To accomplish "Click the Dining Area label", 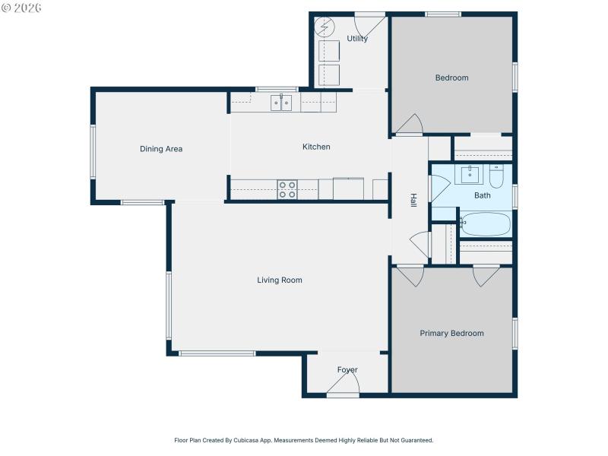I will (x=161, y=149).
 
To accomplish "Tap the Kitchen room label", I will (x=316, y=147).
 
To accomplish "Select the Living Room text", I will (x=280, y=280).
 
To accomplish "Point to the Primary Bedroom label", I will (x=451, y=334).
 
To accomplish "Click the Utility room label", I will (x=357, y=39).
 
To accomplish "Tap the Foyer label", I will (x=347, y=370).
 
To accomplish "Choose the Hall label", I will (x=413, y=201).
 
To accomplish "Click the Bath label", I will (x=483, y=195).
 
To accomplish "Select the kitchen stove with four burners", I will (x=287, y=189).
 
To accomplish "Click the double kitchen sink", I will (x=282, y=103).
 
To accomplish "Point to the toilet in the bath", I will (x=496, y=176).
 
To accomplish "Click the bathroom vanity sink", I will (x=471, y=175).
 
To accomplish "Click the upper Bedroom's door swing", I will (x=410, y=125).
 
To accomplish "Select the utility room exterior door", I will (x=370, y=23).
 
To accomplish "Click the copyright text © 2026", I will (x=21, y=8).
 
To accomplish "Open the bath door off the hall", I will (x=439, y=188).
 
